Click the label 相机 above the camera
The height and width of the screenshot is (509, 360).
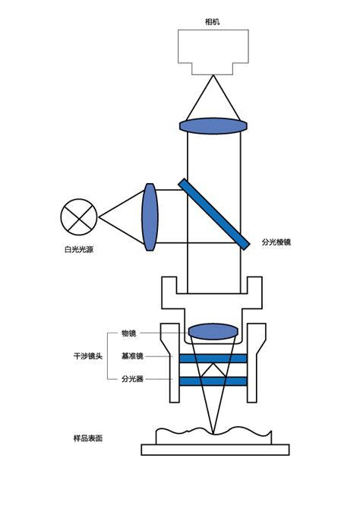213,22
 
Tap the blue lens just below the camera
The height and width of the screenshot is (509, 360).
213,126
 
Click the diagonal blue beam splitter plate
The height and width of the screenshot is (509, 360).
214,214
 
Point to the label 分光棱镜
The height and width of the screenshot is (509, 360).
276,242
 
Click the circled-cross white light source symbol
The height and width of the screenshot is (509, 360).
79,217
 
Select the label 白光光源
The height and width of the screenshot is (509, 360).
79,249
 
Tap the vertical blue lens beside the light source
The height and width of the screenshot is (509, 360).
150,217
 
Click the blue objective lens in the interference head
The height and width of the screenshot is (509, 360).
213,331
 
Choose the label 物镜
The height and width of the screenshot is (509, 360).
128,333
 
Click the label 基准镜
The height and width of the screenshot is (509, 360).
132,356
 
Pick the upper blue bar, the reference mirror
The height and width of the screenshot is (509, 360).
213,359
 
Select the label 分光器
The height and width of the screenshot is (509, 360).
132,378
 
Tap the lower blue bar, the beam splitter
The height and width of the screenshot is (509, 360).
213,381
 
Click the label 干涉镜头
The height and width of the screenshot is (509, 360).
88,356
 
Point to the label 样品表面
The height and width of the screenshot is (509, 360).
88,438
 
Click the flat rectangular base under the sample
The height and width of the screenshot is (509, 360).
215,450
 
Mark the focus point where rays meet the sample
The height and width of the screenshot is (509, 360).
213,434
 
